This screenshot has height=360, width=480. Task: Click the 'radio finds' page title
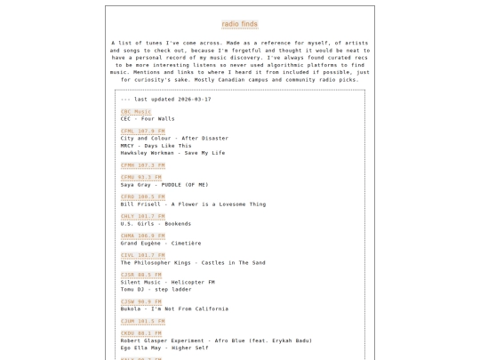pos(240,24)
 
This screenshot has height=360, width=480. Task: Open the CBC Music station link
pos(136,112)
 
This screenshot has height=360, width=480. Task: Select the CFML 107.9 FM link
pos(142,132)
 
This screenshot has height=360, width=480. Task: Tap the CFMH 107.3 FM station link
pos(142,165)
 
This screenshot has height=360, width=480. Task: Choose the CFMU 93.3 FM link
pos(141,178)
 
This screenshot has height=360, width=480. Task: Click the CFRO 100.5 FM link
pos(142,197)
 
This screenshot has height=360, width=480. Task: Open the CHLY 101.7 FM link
pos(142,217)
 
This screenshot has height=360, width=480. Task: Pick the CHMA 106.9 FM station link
pos(142,236)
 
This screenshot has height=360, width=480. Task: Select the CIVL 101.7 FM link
pos(142,256)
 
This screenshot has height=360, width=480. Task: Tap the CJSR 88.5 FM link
pos(141,276)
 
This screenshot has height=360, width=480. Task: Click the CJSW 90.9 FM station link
pos(141,302)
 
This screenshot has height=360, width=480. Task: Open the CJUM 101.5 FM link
pos(142,322)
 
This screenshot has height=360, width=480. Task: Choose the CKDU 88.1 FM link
pos(141,334)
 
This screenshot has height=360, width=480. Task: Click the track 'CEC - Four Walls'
pos(148,119)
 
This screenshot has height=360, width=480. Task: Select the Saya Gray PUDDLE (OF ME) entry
pos(164,185)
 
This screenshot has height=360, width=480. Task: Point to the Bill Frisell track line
pos(193,204)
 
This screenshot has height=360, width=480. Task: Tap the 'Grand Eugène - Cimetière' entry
pos(161,244)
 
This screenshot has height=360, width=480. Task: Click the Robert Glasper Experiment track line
pos(216,341)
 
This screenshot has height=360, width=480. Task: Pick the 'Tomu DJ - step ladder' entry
pos(156,290)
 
